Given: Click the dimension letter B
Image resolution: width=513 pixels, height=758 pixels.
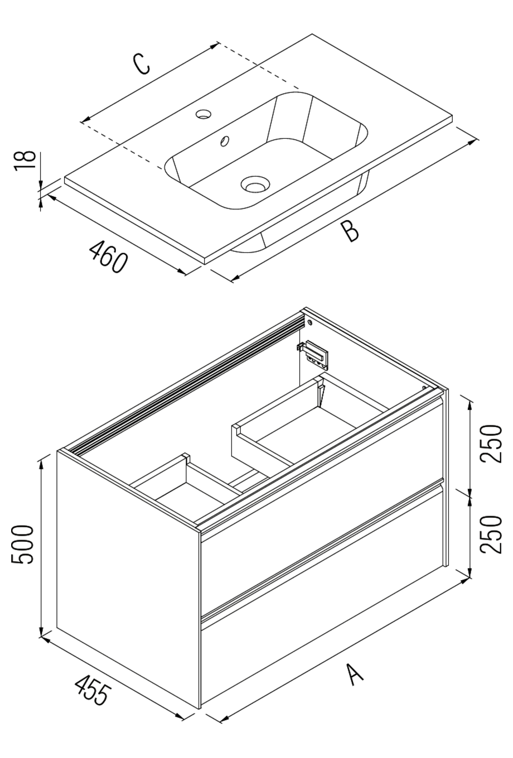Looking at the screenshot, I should [x=350, y=231].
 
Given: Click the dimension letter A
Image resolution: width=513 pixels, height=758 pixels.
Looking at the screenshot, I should [x=355, y=673].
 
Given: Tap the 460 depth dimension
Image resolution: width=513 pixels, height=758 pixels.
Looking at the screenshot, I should [x=108, y=256].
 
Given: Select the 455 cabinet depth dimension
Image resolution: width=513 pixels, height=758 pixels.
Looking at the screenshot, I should [x=93, y=690].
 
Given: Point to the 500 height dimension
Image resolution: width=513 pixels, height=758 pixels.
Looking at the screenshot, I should [x=25, y=544].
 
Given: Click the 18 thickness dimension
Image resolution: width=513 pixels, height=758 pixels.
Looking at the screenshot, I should [x=25, y=162].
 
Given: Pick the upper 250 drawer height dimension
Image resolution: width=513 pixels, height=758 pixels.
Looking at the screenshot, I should [x=491, y=443].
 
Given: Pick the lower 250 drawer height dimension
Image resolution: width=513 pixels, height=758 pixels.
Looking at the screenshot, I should [x=491, y=534].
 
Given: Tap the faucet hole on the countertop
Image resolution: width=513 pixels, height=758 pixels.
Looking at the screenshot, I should [x=204, y=114].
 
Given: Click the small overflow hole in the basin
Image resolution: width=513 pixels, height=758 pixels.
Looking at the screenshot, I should [x=225, y=140].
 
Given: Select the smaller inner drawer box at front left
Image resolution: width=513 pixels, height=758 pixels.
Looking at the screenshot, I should [x=184, y=490].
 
